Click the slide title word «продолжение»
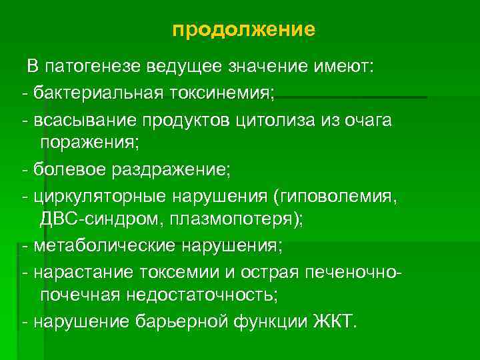point(243,30)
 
